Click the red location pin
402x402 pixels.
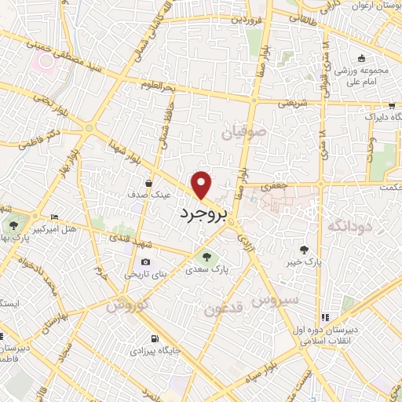click(x=202, y=184)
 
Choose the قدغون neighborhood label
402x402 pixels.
click(x=226, y=308)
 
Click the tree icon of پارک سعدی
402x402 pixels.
click(x=206, y=256)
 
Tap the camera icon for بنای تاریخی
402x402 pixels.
click(x=145, y=262)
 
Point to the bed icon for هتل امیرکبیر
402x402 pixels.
click(x=53, y=217)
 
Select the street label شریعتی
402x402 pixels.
click(x=305, y=103)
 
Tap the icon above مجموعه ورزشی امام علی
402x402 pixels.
click(x=360, y=59)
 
